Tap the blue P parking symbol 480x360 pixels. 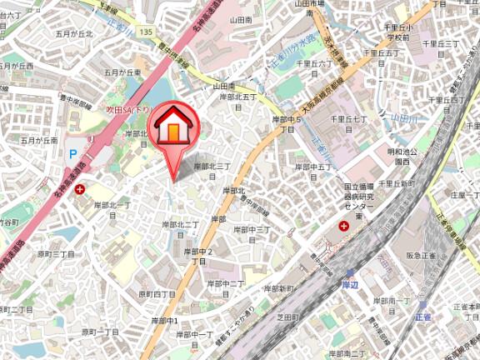coord(72,154)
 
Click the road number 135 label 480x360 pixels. coord(147,32)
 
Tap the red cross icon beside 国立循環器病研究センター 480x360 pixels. coord(343,227)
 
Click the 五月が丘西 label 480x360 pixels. coord(17,66)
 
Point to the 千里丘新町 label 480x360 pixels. coord(396,182)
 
